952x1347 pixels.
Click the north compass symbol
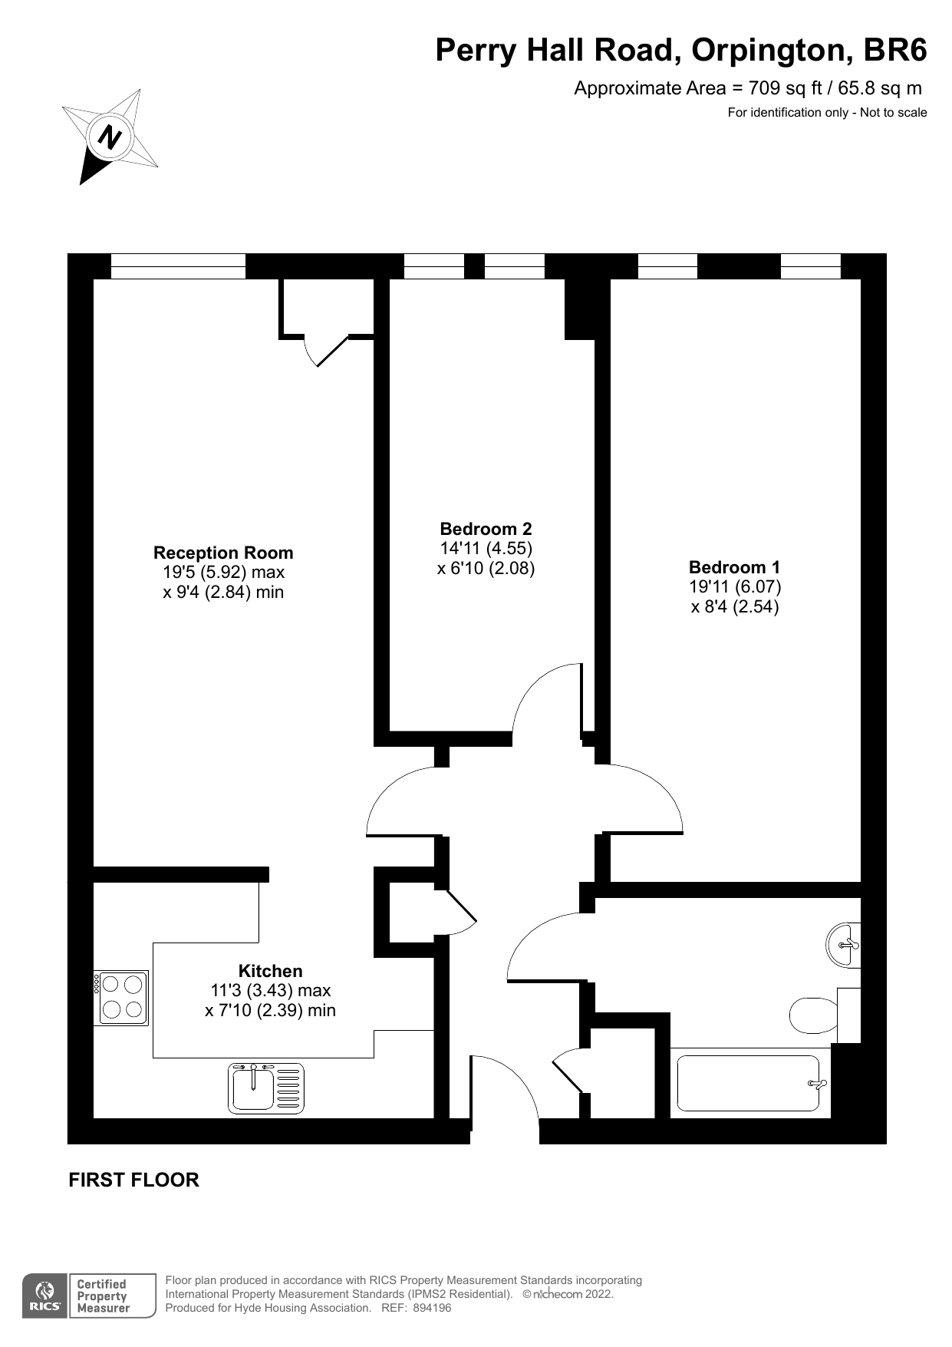[x=110, y=137]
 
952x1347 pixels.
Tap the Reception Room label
[x=223, y=553]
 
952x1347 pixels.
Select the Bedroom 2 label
[x=486, y=529]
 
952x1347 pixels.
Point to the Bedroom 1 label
[x=734, y=567]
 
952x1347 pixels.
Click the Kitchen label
[x=270, y=971]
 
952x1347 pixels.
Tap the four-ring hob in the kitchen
[x=121, y=998]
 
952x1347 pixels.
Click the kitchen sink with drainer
[x=266, y=1088]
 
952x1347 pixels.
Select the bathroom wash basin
[x=845, y=944]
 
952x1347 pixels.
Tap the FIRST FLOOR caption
[x=134, y=1180]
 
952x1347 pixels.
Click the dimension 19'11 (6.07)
[x=735, y=587]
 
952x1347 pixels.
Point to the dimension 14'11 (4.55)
[x=486, y=549]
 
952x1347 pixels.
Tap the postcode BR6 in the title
[x=895, y=50]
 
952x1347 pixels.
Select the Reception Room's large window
[x=178, y=266]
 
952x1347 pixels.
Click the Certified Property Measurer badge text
[x=103, y=1296]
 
